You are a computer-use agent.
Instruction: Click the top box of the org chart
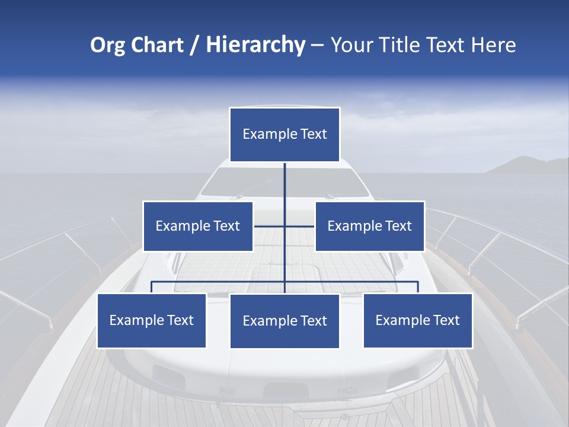(x=284, y=135)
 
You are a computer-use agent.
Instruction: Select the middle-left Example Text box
(x=198, y=226)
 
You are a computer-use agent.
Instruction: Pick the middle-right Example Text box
(x=370, y=226)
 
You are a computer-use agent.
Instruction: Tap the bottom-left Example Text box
(x=152, y=320)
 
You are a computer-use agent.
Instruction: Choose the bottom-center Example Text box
(x=284, y=321)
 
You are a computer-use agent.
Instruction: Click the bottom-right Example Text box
(x=418, y=320)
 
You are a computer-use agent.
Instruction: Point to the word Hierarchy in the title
(x=255, y=45)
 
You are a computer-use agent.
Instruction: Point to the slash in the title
(x=194, y=45)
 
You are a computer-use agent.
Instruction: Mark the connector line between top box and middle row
(x=284, y=190)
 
